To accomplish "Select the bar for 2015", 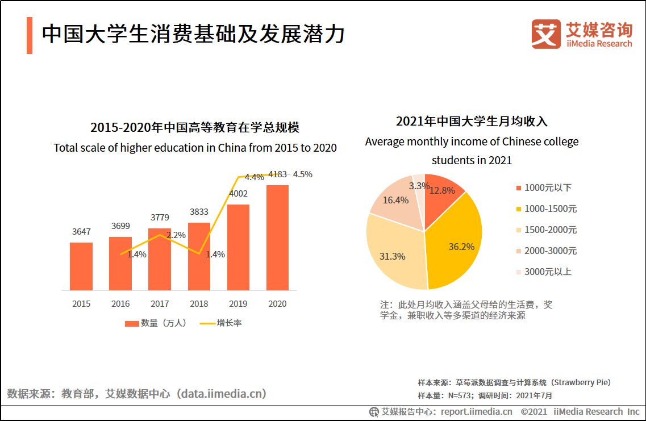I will point(81,266).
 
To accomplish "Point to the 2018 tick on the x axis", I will point(199,304).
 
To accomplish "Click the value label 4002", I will point(238,194).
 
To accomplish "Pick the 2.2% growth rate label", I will point(176,235).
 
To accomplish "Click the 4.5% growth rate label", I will point(302,174).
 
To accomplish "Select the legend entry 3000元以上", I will point(548,272).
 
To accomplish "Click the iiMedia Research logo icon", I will point(546,34).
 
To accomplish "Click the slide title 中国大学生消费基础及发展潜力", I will point(193,34).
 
